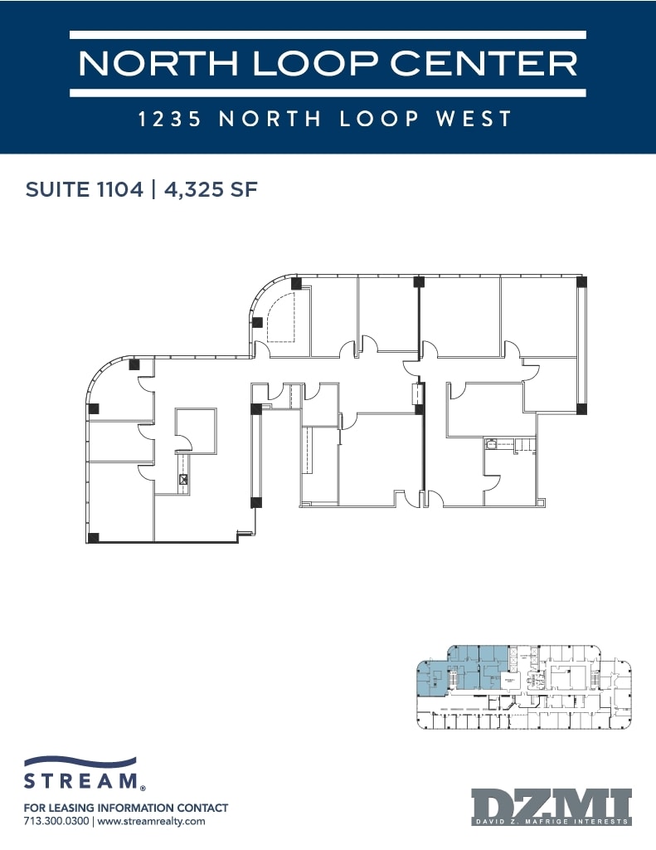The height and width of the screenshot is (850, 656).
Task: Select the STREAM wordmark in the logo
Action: pos(80,781)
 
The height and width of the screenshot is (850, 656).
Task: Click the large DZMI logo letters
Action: pos(552,804)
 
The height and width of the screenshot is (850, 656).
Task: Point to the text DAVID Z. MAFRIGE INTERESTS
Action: pos(552,824)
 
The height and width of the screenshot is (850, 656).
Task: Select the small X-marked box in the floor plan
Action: pos(183,479)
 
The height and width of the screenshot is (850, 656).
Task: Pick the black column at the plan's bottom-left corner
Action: pos(93,537)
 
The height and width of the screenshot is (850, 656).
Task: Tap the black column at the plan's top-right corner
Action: pos(581,282)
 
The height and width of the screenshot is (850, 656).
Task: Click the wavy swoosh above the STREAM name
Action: pos(80,763)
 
